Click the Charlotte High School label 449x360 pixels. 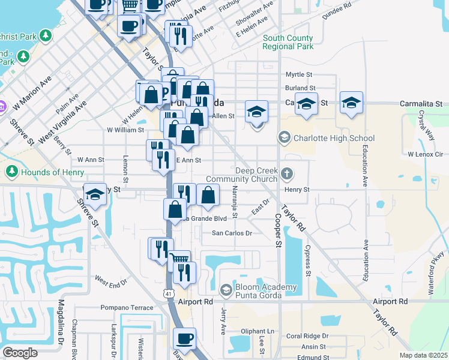coord(325,138)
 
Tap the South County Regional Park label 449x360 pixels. coord(288,42)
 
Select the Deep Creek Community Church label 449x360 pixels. coord(241,175)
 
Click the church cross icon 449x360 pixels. coord(287,174)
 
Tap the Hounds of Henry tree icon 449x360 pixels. coord(11,172)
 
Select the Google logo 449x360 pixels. coord(20,353)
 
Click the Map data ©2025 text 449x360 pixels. coord(423,355)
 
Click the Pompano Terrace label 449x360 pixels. coord(127,308)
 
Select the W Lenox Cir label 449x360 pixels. coord(425,154)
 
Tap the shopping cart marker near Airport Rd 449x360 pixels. coord(179,259)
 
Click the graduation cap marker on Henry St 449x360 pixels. coord(95,194)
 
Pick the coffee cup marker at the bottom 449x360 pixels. coord(185,338)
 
